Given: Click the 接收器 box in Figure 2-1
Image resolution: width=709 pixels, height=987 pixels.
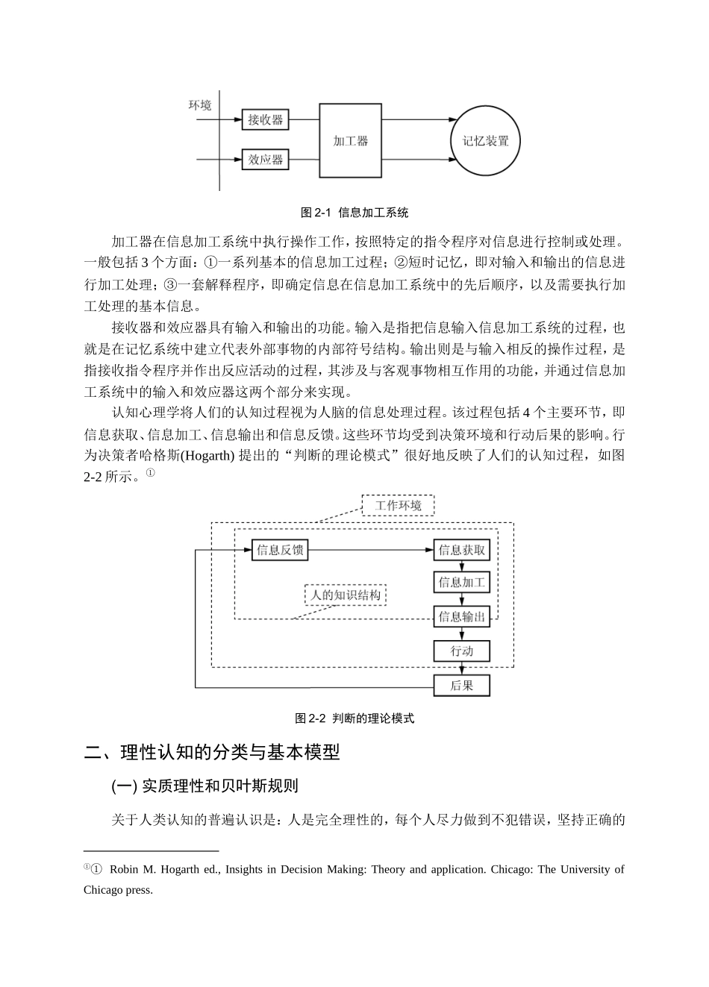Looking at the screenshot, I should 266,119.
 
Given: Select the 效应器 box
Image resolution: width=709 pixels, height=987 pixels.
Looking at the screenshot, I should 266,160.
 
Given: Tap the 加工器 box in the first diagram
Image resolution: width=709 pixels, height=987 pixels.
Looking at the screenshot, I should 350,140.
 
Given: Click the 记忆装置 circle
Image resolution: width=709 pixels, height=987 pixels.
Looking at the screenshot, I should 486,140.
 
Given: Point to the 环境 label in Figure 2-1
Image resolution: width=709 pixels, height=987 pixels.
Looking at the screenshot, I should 200,105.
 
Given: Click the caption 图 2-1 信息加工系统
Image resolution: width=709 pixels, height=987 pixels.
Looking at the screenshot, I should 354,213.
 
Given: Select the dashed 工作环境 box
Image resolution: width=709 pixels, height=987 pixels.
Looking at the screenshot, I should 398,505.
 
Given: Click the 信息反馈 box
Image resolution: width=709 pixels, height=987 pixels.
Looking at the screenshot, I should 280,551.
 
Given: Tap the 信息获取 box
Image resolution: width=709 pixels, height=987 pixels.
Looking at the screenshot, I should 462,551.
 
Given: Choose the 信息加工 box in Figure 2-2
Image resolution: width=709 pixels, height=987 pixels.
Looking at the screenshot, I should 462,583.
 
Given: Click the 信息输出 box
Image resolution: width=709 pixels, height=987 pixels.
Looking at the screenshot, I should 462,616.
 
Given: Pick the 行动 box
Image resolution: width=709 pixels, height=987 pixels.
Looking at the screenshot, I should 462,651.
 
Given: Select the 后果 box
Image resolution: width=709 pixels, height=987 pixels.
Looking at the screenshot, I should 462,685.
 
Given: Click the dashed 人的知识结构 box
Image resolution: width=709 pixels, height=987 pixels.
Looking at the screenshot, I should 346,595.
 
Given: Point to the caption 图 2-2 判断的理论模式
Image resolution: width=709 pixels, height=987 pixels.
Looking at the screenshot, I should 354,718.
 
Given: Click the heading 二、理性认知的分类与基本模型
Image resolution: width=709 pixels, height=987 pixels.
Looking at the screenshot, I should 212,752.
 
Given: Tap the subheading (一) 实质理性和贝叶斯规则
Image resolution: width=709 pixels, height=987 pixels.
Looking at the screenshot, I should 205,786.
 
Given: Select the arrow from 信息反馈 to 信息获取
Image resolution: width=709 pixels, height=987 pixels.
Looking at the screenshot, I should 369,551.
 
